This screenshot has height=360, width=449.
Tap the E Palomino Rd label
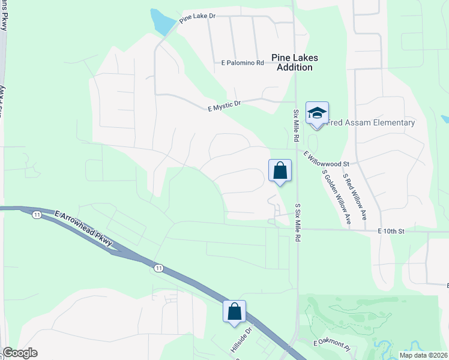[243, 62]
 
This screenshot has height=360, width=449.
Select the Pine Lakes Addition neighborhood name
[294, 62]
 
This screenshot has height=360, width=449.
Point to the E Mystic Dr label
[224, 106]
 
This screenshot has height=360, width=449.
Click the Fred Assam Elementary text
[371, 123]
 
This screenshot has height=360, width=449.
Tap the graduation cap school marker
[317, 113]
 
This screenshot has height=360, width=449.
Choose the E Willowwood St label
[327, 159]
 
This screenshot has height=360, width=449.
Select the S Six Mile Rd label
[297, 222]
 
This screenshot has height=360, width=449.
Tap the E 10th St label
[392, 231]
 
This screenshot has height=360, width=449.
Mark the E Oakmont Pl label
[332, 343]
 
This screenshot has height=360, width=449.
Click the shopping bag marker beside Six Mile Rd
[280, 170]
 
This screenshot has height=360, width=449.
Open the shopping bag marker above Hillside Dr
[234, 311]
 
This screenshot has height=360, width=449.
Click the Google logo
[20, 353]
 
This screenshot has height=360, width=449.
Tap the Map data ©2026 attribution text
[423, 355]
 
